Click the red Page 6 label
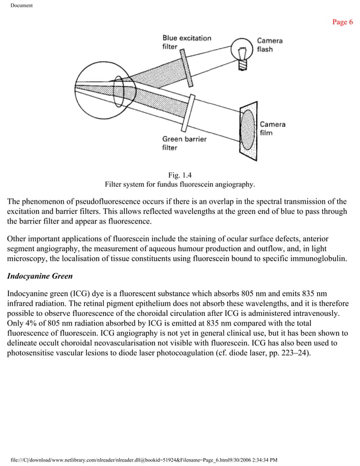pyautogui.click(x=343, y=22)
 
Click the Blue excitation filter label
pyautogui.click(x=186, y=42)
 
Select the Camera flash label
pyautogui.click(x=270, y=45)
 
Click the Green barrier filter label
pyautogui.click(x=184, y=143)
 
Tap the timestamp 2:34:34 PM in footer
pyautogui.click(x=260, y=460)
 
